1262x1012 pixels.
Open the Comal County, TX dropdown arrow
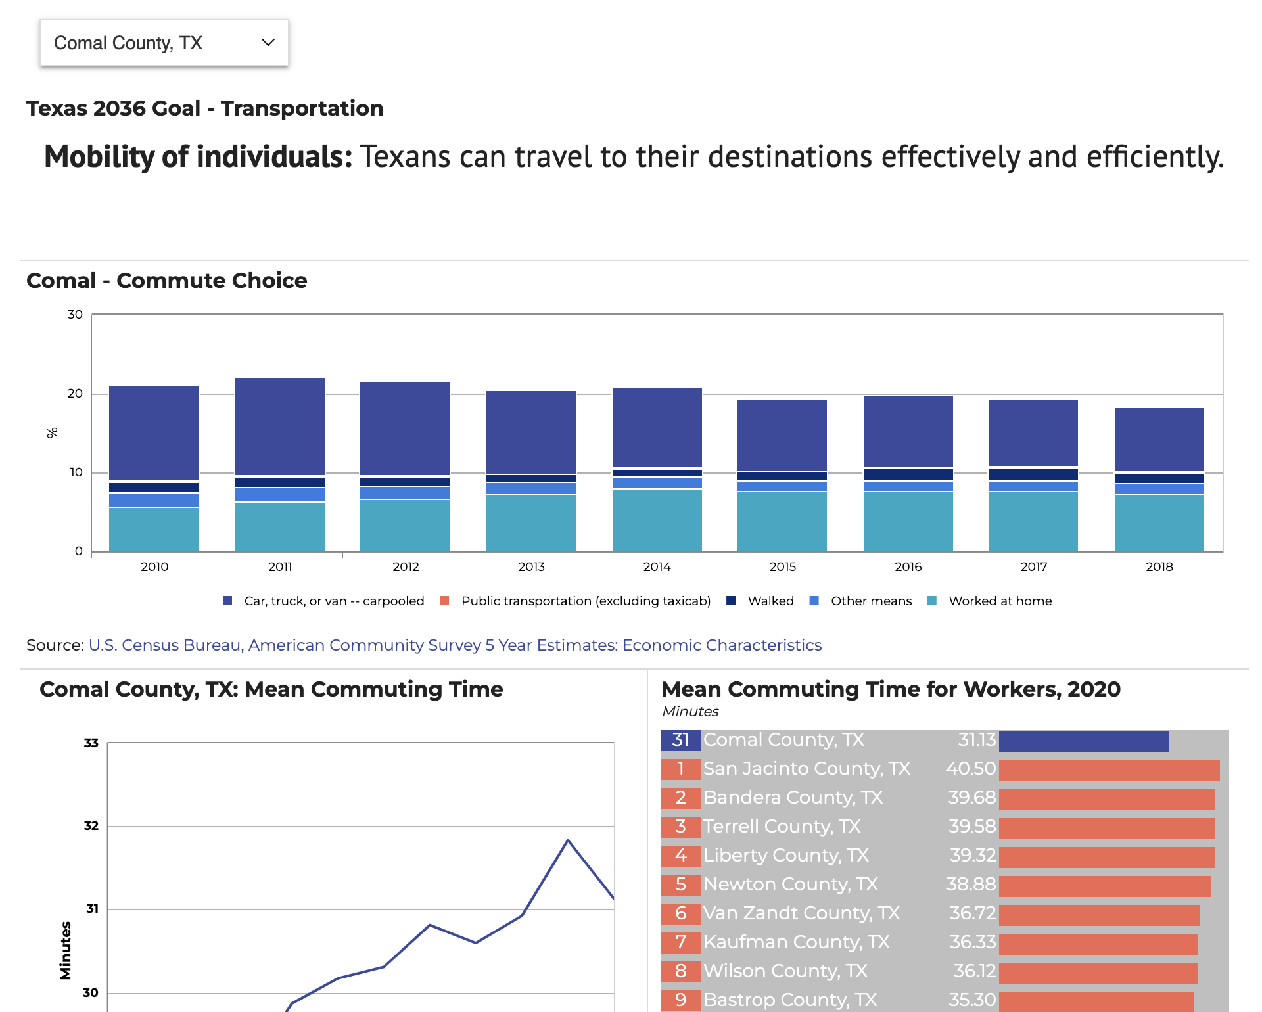tap(268, 43)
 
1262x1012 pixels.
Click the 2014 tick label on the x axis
tap(657, 566)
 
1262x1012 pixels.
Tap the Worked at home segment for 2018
tap(1159, 523)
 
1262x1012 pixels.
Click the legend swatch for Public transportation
tap(444, 601)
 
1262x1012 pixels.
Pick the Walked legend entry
tap(770, 601)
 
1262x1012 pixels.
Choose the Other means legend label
tap(871, 601)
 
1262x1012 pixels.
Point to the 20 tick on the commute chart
tap(75, 394)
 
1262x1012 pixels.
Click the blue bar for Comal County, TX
tap(1083, 741)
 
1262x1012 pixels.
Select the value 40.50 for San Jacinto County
tap(971, 769)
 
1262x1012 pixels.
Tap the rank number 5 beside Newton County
tap(680, 885)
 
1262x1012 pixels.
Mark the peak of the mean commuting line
tap(568, 840)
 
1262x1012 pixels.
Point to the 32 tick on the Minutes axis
tap(91, 826)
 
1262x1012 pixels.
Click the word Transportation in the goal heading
tap(302, 108)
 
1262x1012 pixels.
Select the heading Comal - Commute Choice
tap(167, 281)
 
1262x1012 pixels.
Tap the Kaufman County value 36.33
tap(972, 942)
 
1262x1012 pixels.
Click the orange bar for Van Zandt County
tap(1099, 915)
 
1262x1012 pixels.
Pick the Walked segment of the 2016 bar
tap(908, 474)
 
